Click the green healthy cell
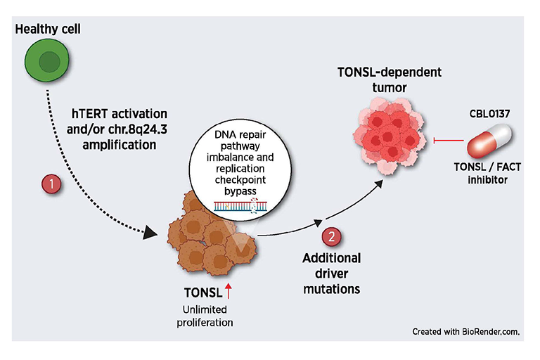47,60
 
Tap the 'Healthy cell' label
48,29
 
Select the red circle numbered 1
51,184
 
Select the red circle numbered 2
331,237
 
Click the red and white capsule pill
489,141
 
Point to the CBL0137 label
489,113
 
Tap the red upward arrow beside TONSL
229,291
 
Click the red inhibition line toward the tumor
449,140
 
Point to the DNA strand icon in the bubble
240,205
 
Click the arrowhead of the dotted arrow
150,233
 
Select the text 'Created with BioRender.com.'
466,331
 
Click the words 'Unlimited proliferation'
205,316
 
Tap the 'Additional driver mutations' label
332,274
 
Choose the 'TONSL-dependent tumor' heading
389,79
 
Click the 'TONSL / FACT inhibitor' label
487,173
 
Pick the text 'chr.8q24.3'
138,129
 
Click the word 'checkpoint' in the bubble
240,180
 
